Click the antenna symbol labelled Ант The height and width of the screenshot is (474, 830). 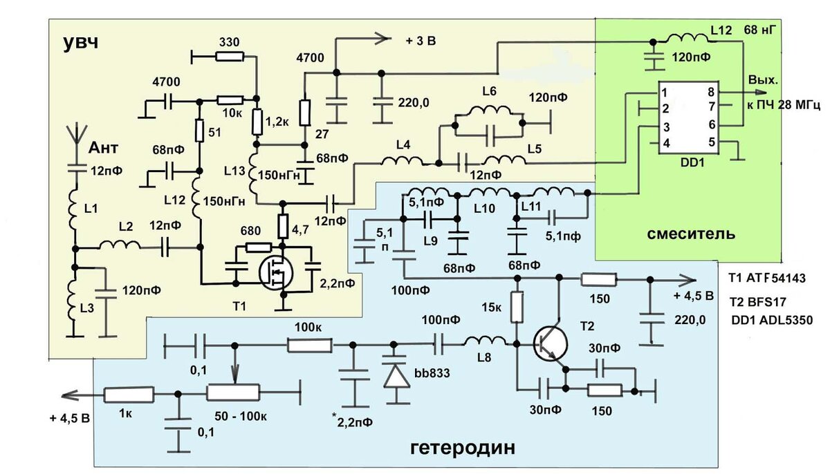click(74, 137)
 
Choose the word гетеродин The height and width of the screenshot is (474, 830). click(463, 447)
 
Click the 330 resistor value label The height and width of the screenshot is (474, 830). click(229, 43)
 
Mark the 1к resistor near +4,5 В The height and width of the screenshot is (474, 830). click(129, 395)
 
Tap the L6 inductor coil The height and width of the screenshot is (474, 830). click(488, 111)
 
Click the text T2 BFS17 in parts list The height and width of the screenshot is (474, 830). click(761, 301)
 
